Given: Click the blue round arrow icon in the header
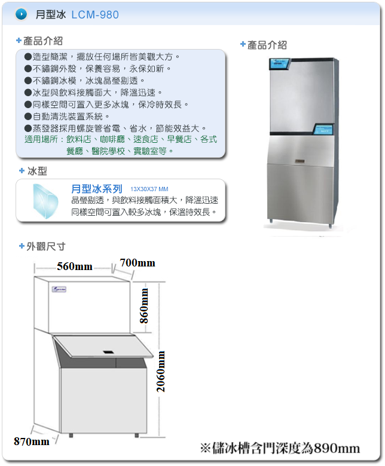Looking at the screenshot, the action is coord(21,14).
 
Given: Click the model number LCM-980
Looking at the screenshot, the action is coord(95,14).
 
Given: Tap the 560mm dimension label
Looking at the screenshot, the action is coord(75,266).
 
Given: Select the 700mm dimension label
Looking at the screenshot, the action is coord(137,263).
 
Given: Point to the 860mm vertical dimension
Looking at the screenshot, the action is coord(144,306).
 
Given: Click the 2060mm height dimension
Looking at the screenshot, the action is coord(161,372).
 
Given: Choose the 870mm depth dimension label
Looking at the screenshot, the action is coord(32,442).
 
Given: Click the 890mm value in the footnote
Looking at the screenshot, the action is coord(337,448).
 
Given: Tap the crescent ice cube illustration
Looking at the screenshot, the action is coord(45,201).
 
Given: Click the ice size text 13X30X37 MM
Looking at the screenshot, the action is coord(149,189).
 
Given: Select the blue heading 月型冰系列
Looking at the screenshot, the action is coord(97,189).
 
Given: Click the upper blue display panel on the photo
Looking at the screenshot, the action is coord(280,64).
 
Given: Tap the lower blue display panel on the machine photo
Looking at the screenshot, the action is coord(323,129).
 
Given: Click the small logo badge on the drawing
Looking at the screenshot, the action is coord(59,289).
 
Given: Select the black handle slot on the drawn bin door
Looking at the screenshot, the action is coord(108,352).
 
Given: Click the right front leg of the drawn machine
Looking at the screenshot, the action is coord(137,435).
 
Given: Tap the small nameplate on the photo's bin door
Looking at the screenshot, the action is coord(300,161).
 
